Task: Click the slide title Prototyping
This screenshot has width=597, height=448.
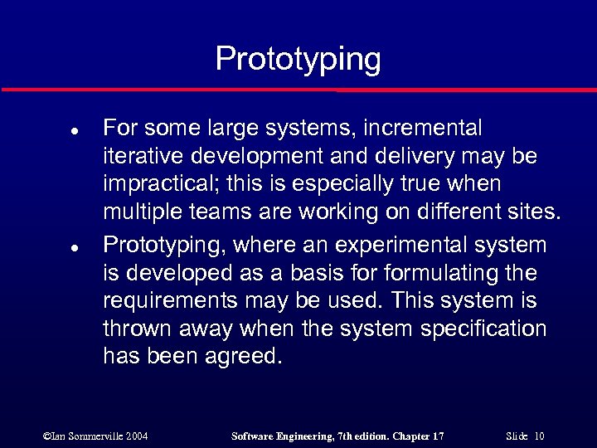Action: click(x=298, y=60)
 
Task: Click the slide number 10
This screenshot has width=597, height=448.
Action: click(x=539, y=436)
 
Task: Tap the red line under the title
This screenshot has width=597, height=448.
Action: click(x=298, y=89)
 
